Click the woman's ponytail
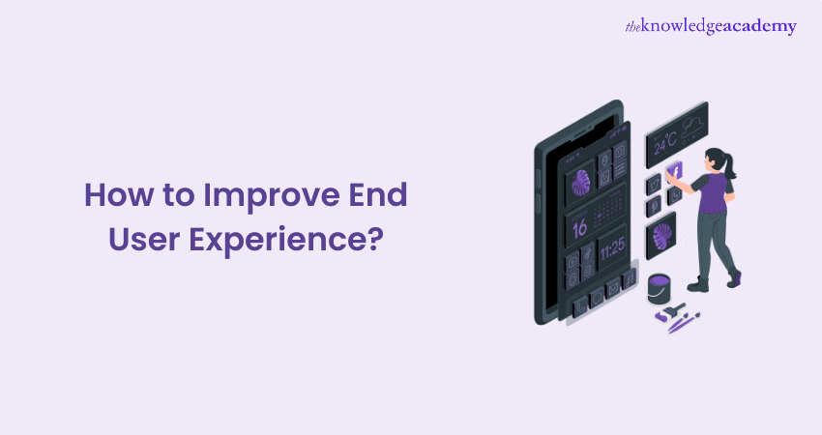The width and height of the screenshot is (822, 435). pos(728,168)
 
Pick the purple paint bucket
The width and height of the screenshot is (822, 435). pos(658,286)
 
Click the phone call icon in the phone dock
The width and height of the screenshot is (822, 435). pos(580,306)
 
